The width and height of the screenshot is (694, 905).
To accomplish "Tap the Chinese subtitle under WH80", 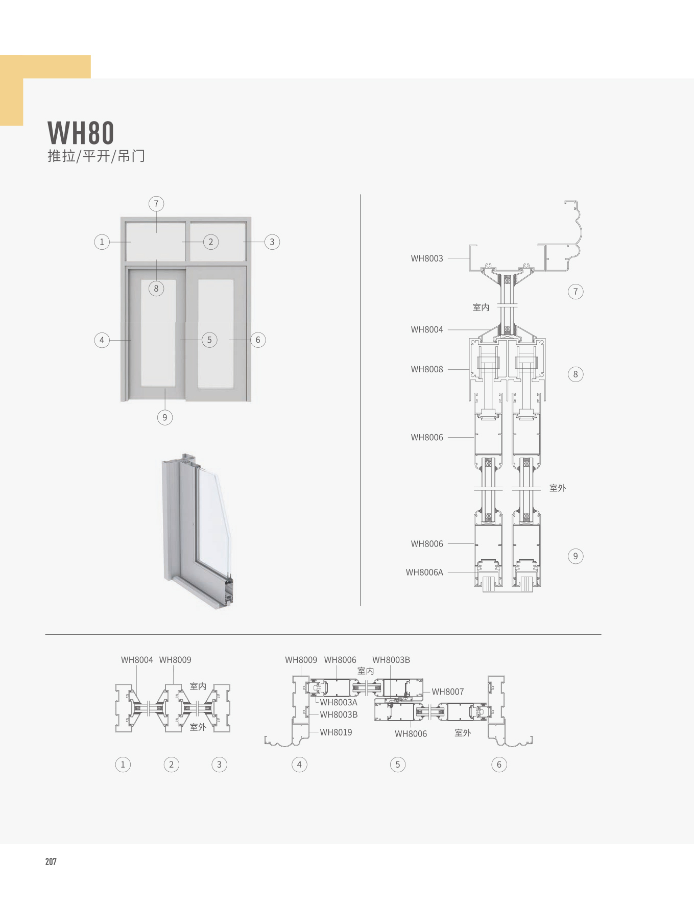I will pos(96,156).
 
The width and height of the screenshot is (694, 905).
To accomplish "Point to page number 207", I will pos(51,862).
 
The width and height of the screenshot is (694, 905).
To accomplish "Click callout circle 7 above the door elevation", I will pos(156,204).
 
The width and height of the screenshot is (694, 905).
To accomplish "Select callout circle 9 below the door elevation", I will pos(164,417).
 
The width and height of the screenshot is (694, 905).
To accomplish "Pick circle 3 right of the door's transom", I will pos(272,242).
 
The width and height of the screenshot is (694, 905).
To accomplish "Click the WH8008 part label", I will pos(427,369).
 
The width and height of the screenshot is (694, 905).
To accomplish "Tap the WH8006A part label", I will pos(424,573).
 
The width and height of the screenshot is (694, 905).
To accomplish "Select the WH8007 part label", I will pos(448,692).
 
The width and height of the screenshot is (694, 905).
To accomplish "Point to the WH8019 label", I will pos(336,732).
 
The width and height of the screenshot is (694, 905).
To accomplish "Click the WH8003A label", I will pos(339,702).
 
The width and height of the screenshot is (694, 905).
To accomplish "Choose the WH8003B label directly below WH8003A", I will pos(339,715).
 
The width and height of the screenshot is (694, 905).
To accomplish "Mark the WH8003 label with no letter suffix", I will pos(427,258).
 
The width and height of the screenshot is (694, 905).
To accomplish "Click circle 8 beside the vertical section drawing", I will pos(576,374).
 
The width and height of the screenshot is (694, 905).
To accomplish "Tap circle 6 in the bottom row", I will pos(499,765).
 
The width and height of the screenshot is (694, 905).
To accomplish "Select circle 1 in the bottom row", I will pos(123,765).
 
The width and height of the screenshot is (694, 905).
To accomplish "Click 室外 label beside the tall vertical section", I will pos(558,488).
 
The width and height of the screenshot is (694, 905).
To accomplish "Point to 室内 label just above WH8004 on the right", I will pos(481,307).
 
